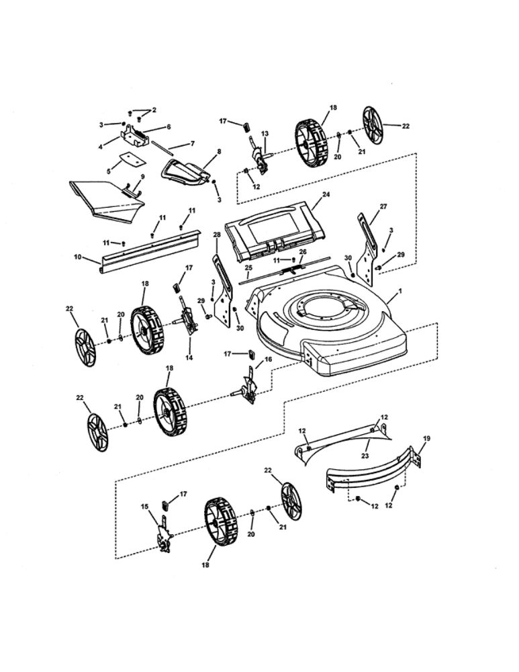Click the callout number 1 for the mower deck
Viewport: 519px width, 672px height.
[x=400, y=290]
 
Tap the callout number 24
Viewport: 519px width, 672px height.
[x=326, y=195]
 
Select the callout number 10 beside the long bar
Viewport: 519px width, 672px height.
[x=78, y=257]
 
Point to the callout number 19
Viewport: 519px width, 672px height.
[x=426, y=438]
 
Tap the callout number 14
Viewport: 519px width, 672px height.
[x=189, y=358]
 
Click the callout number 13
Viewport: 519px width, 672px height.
[x=265, y=134]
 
